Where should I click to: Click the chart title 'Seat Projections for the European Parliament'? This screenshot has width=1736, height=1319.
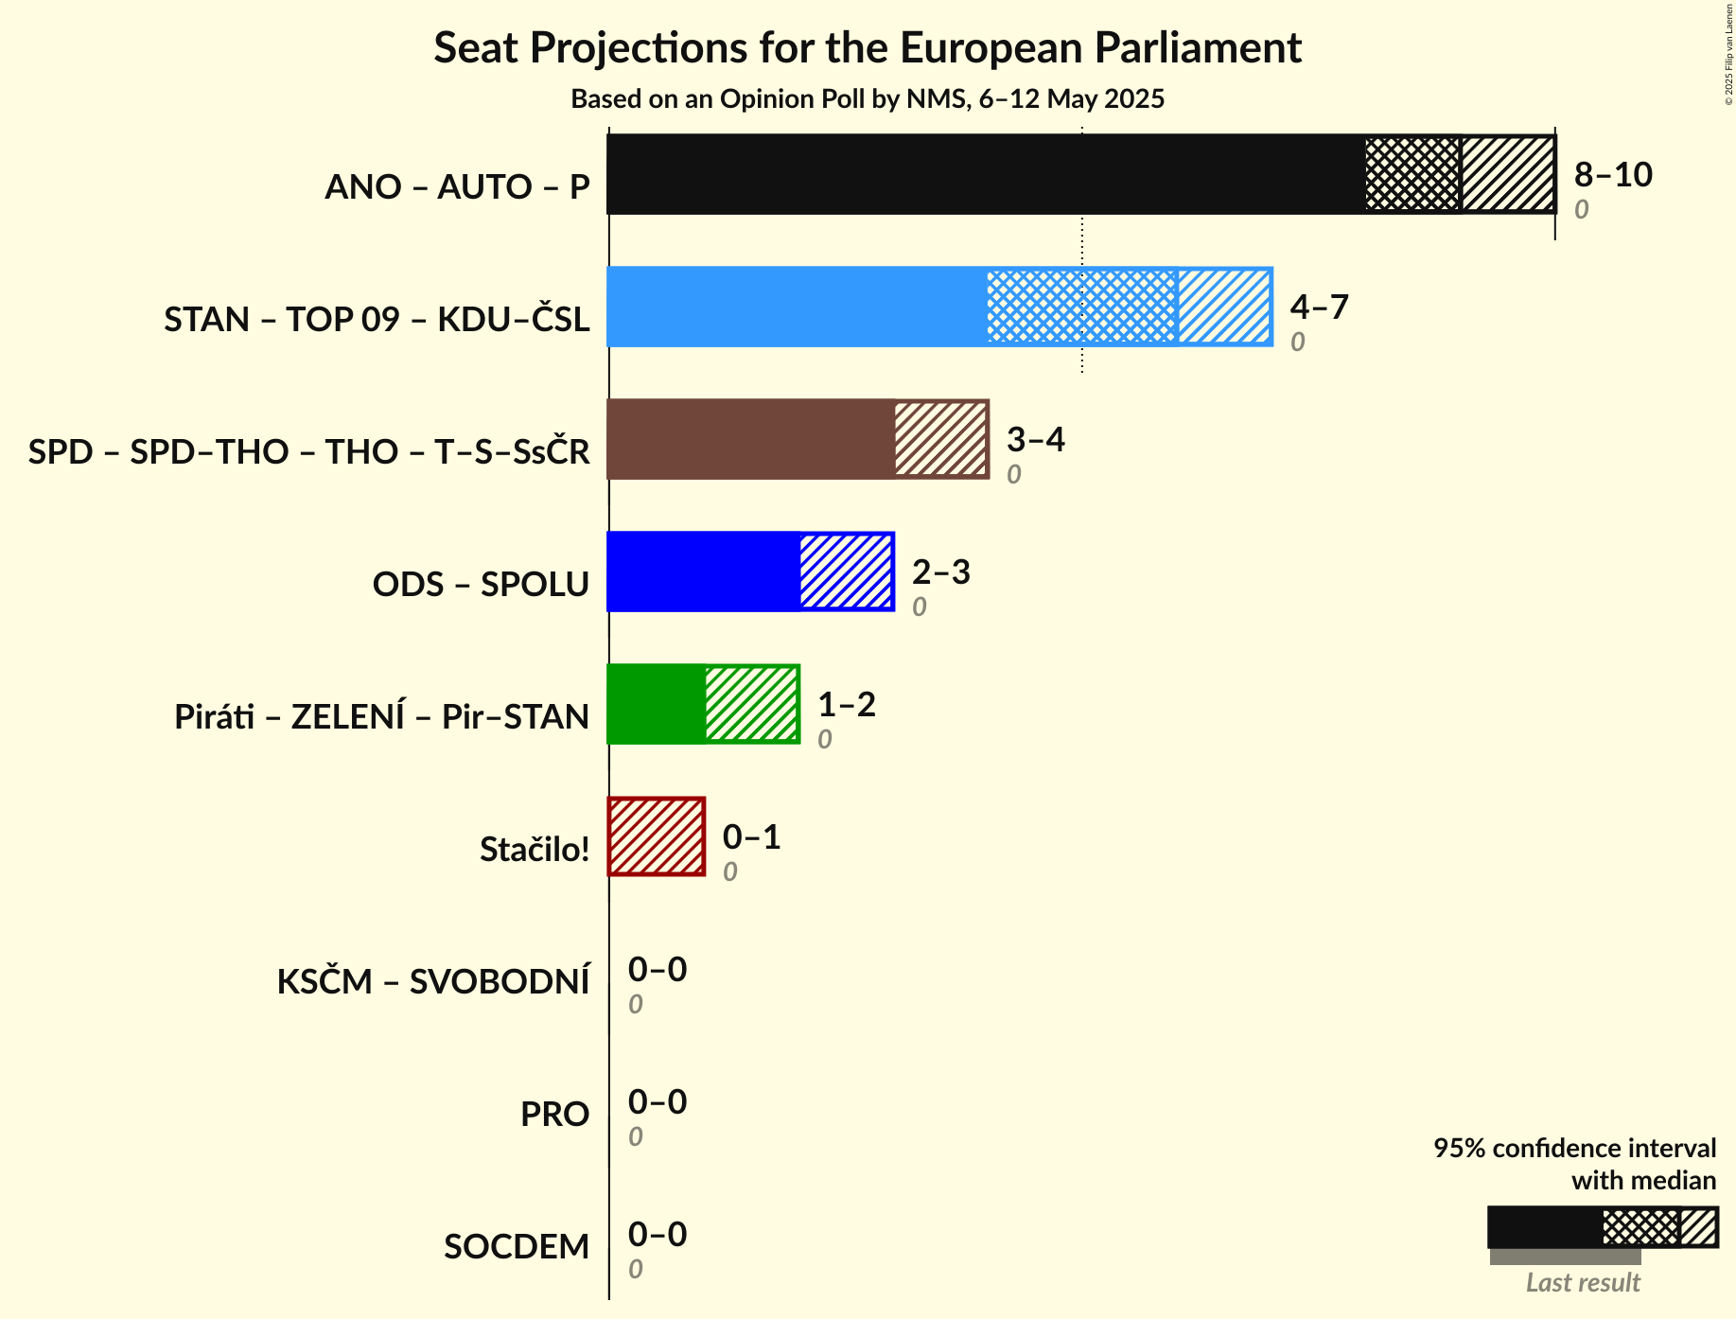pos(868,48)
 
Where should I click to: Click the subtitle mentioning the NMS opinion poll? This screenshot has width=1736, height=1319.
pos(868,99)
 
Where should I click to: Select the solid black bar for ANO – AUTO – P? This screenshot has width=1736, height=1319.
pos(984,174)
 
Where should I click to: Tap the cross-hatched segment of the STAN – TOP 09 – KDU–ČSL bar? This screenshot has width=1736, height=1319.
pos(1081,307)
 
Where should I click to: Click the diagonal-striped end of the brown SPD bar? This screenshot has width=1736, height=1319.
pos(940,439)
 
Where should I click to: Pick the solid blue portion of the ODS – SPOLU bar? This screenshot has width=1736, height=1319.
pos(704,572)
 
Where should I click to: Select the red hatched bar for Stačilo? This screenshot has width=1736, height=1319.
pos(657,836)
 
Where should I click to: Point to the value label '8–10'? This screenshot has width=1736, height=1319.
pos(1613,175)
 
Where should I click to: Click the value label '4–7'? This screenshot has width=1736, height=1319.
pos(1319,308)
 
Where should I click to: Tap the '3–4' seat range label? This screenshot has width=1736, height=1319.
pos(1035,440)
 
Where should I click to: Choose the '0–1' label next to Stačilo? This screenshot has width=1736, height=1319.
pos(751,837)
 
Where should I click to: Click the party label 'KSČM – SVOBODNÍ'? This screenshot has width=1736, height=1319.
pos(433,982)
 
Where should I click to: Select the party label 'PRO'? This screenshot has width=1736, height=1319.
pos(554,1115)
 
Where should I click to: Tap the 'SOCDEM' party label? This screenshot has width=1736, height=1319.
pos(517,1247)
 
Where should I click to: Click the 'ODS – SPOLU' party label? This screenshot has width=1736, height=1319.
pos(481,585)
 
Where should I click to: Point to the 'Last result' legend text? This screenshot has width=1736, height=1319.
pos(1583,1283)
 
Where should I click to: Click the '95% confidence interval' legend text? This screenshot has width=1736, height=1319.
pos(1574,1149)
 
